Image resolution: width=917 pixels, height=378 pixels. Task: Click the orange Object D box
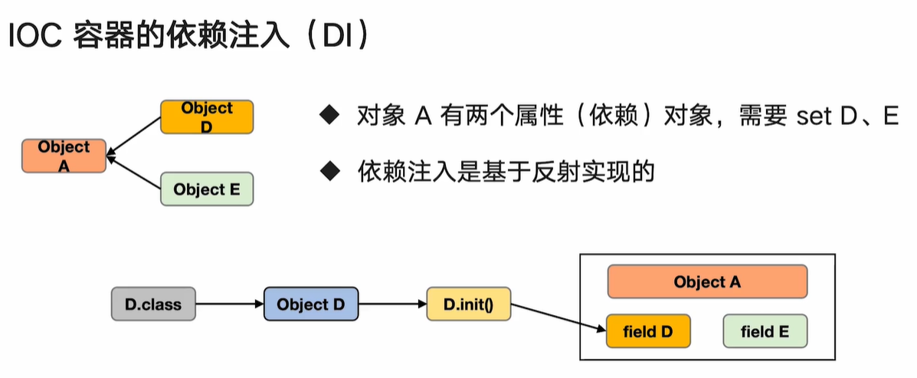click(x=206, y=117)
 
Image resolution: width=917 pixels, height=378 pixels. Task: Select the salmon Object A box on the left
click(x=64, y=156)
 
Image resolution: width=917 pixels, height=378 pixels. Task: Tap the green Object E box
click(x=206, y=189)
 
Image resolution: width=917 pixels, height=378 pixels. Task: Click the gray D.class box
click(x=153, y=304)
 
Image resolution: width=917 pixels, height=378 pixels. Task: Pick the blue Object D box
click(x=310, y=304)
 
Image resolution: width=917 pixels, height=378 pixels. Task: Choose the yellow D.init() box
click(x=469, y=304)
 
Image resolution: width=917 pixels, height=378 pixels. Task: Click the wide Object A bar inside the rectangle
click(x=706, y=281)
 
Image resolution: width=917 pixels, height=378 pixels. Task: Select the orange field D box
click(x=647, y=332)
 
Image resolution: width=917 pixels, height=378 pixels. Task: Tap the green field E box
click(x=765, y=332)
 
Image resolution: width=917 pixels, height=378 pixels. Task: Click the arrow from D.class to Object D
click(x=229, y=304)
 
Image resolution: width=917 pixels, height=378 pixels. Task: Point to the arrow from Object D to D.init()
click(x=392, y=304)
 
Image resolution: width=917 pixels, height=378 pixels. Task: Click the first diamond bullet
click(x=329, y=117)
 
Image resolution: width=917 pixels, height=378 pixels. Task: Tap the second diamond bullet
click(x=329, y=171)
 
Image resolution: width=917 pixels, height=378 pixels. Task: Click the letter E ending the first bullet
click(x=889, y=117)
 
